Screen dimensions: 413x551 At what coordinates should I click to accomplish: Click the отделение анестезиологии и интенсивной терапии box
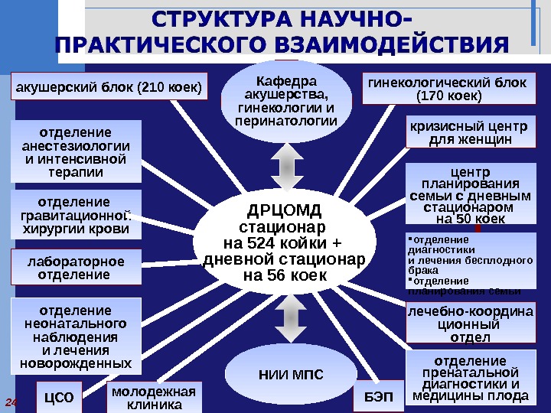[76, 152]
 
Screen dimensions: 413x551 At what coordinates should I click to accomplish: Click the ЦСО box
[59, 397]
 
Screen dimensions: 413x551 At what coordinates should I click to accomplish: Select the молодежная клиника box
[154, 397]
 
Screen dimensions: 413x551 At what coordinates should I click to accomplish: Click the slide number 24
[12, 402]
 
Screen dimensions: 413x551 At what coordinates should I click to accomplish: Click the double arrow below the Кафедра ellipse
[282, 167]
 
